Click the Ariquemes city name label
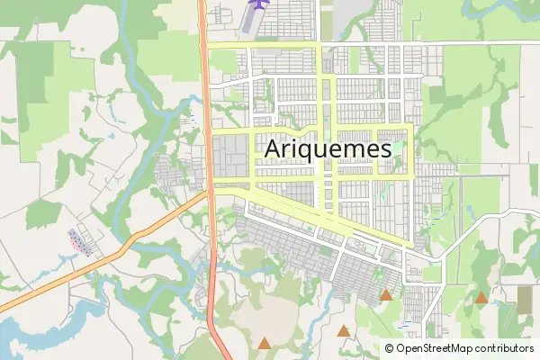click(328, 148)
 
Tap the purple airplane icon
click(259, 5)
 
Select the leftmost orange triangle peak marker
click(264, 342)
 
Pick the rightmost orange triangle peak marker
click(481, 297)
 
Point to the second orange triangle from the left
click(342, 329)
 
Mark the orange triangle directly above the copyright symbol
click(386, 294)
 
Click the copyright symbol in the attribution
click(390, 348)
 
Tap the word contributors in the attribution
click(504, 348)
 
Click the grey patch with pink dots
click(79, 241)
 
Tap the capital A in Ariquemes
click(274, 148)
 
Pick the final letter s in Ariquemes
click(384, 149)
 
